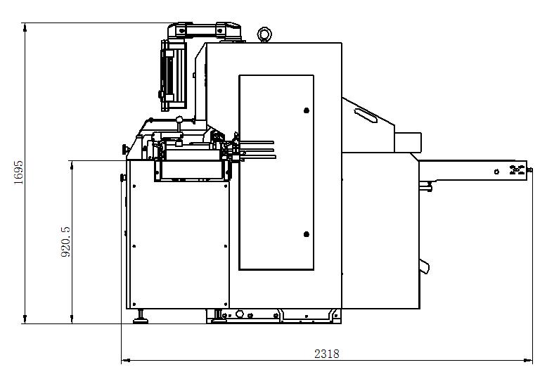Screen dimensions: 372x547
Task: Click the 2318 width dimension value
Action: point(326,354)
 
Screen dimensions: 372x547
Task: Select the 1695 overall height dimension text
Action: point(19,172)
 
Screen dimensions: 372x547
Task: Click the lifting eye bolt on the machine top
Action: point(264,34)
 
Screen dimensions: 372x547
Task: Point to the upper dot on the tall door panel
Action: point(306,110)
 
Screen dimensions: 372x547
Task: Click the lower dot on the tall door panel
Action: point(306,234)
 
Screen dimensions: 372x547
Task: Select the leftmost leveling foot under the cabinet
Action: point(141,318)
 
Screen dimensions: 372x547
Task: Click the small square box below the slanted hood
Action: point(406,142)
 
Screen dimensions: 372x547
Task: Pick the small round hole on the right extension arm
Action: point(496,172)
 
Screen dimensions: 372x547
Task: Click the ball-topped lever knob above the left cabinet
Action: point(180,119)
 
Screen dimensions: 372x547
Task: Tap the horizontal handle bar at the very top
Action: point(204,29)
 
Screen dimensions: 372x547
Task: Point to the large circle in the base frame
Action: point(240,314)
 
